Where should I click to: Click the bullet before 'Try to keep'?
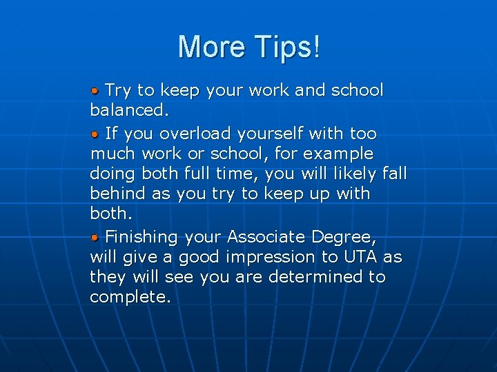pos(96,91)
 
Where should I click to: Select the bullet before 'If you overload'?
pos(96,133)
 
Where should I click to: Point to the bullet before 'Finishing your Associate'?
pos(96,238)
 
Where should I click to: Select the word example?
pos(338,154)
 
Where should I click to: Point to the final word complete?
pos(130,298)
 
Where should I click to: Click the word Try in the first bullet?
pos(118,91)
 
